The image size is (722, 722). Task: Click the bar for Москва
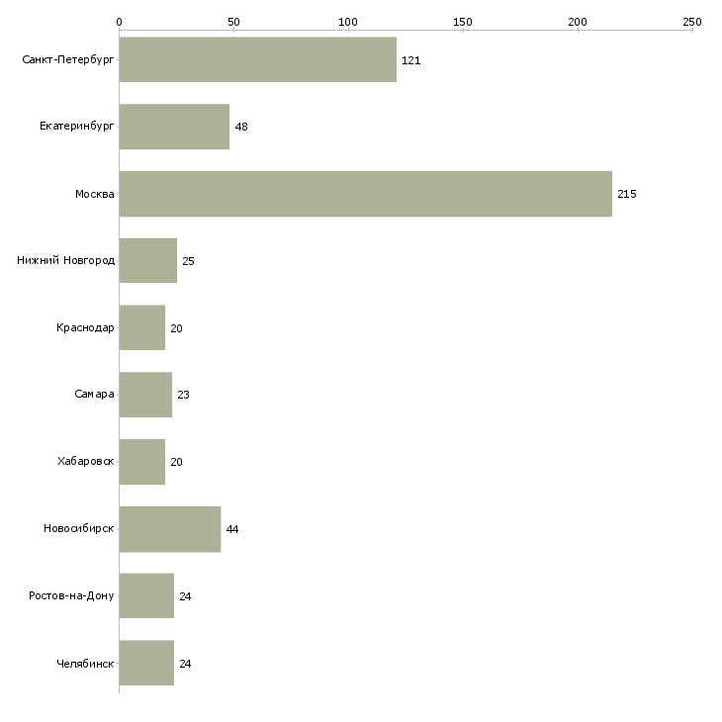pos(366,194)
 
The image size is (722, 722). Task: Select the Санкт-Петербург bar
pos(258,59)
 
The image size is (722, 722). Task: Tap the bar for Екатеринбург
pos(174,127)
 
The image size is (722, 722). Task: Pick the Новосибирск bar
pos(170,529)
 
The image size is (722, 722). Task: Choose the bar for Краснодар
pos(142,327)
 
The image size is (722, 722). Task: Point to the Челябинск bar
pos(146,663)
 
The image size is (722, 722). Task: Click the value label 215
pos(627,194)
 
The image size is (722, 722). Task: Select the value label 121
pos(410,60)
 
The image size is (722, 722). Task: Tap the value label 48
pos(241,127)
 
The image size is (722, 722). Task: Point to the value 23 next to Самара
pos(183,395)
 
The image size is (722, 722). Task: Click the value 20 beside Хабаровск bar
pos(176,462)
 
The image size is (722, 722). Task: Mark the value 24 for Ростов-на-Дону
pos(185,596)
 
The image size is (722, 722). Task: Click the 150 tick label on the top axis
pos(463,22)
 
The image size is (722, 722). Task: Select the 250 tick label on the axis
pos(692,22)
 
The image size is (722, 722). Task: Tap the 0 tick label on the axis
pos(120,22)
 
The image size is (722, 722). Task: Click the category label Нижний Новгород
pos(66,261)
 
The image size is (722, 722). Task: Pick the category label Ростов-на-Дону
pos(71,595)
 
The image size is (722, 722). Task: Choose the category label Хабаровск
pos(86,461)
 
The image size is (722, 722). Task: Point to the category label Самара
pos(94,395)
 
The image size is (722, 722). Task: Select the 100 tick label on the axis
pos(347,22)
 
